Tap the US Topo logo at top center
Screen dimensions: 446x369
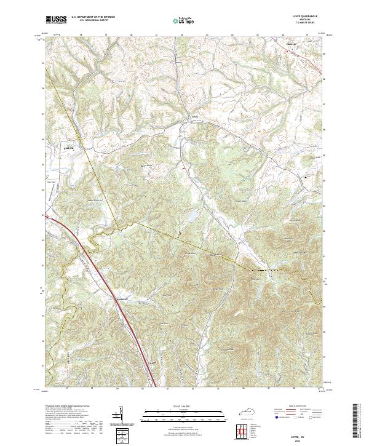click(183, 21)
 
